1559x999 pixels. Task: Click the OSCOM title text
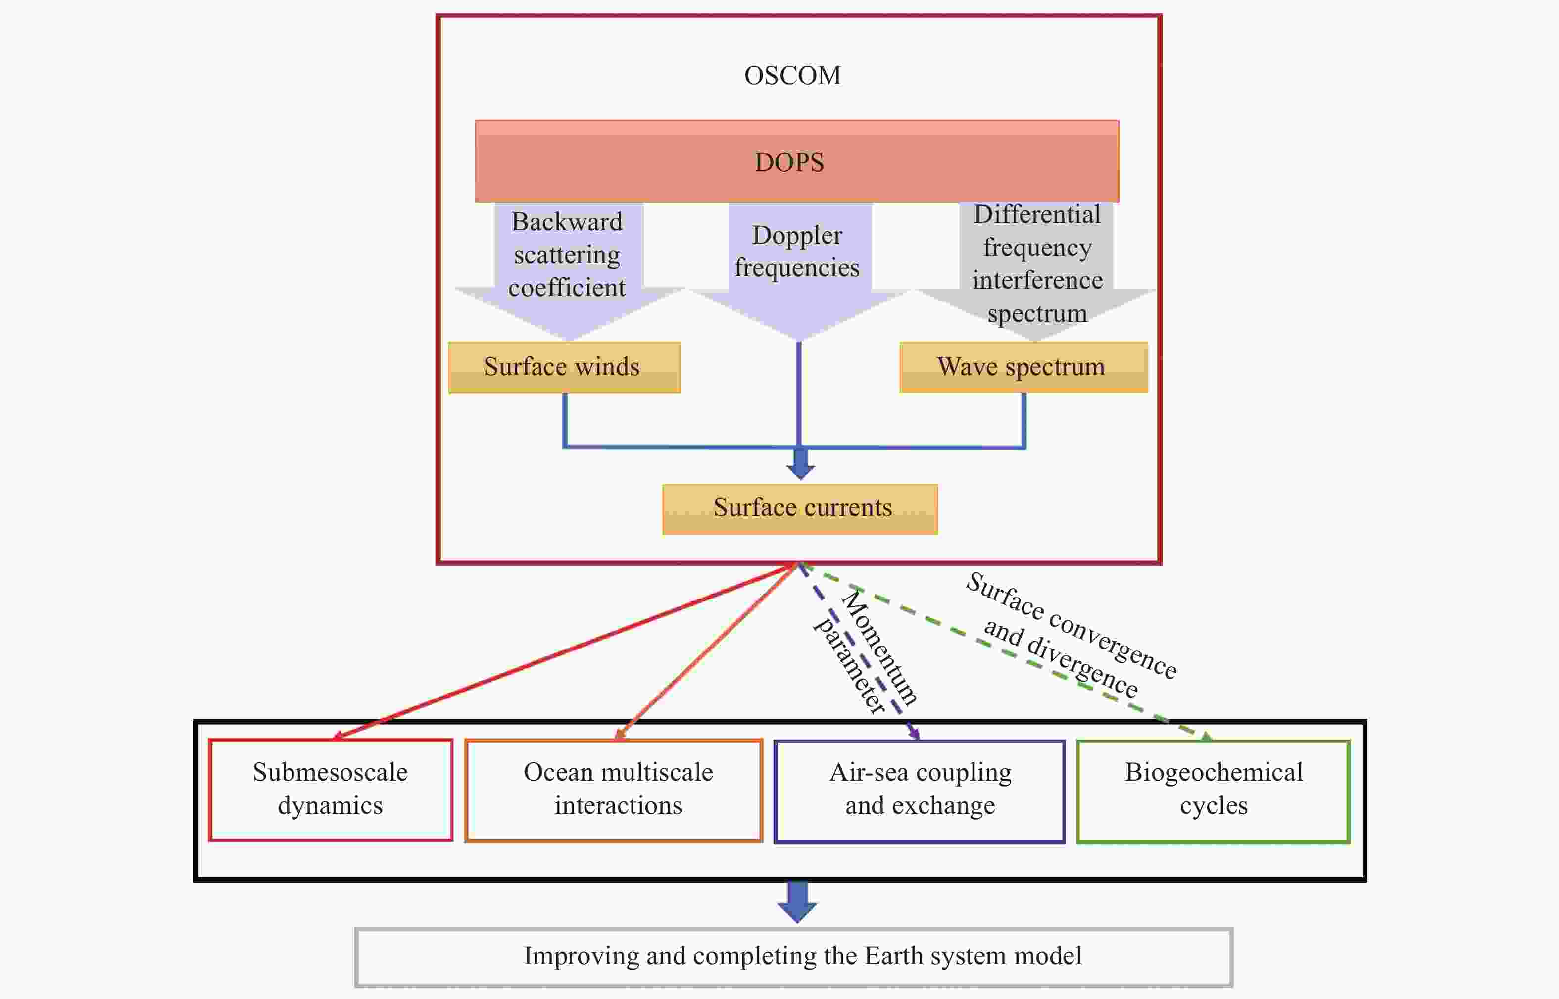pyautogui.click(x=792, y=76)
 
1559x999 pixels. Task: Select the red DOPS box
pyautogui.click(x=797, y=161)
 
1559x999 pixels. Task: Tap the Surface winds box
pyautogui.click(x=564, y=367)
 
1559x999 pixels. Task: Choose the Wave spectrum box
pyautogui.click(x=1023, y=367)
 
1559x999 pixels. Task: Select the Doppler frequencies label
pyautogui.click(x=797, y=251)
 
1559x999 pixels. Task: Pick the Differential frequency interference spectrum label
pyautogui.click(x=1037, y=263)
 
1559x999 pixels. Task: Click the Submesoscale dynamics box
pyautogui.click(x=331, y=790)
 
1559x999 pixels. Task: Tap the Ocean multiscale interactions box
pyautogui.click(x=614, y=790)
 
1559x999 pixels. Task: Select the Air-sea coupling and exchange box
pyautogui.click(x=920, y=791)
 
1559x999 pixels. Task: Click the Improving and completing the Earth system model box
pyautogui.click(x=794, y=957)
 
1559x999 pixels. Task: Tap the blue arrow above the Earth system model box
pyautogui.click(x=797, y=901)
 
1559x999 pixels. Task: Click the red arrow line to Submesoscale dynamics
pyautogui.click(x=564, y=651)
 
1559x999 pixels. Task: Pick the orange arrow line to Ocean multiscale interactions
pyautogui.click(x=706, y=651)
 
